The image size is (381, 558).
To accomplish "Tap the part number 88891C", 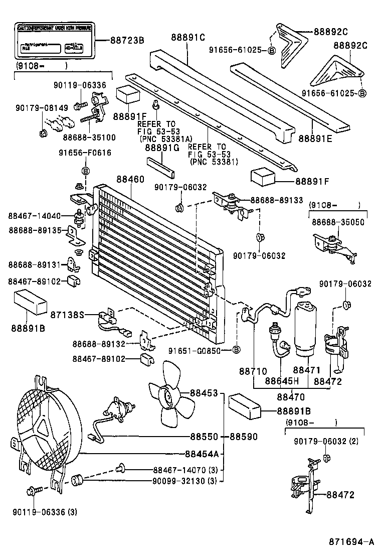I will [x=188, y=37].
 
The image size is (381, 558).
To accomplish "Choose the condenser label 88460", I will [x=130, y=179].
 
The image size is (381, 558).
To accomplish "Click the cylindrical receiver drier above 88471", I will [x=307, y=331].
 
